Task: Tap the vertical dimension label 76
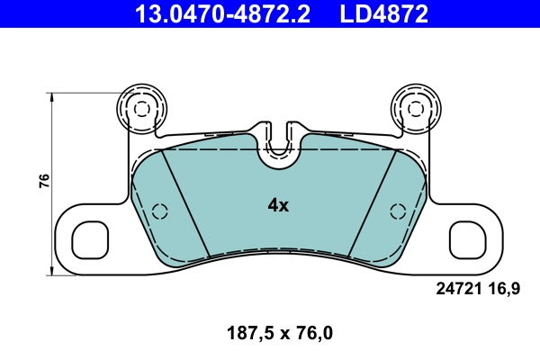43,181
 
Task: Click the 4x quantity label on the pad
278,205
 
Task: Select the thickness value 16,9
504,289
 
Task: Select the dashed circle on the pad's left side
160,211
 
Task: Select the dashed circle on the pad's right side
396,211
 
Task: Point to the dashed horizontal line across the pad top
216,150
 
